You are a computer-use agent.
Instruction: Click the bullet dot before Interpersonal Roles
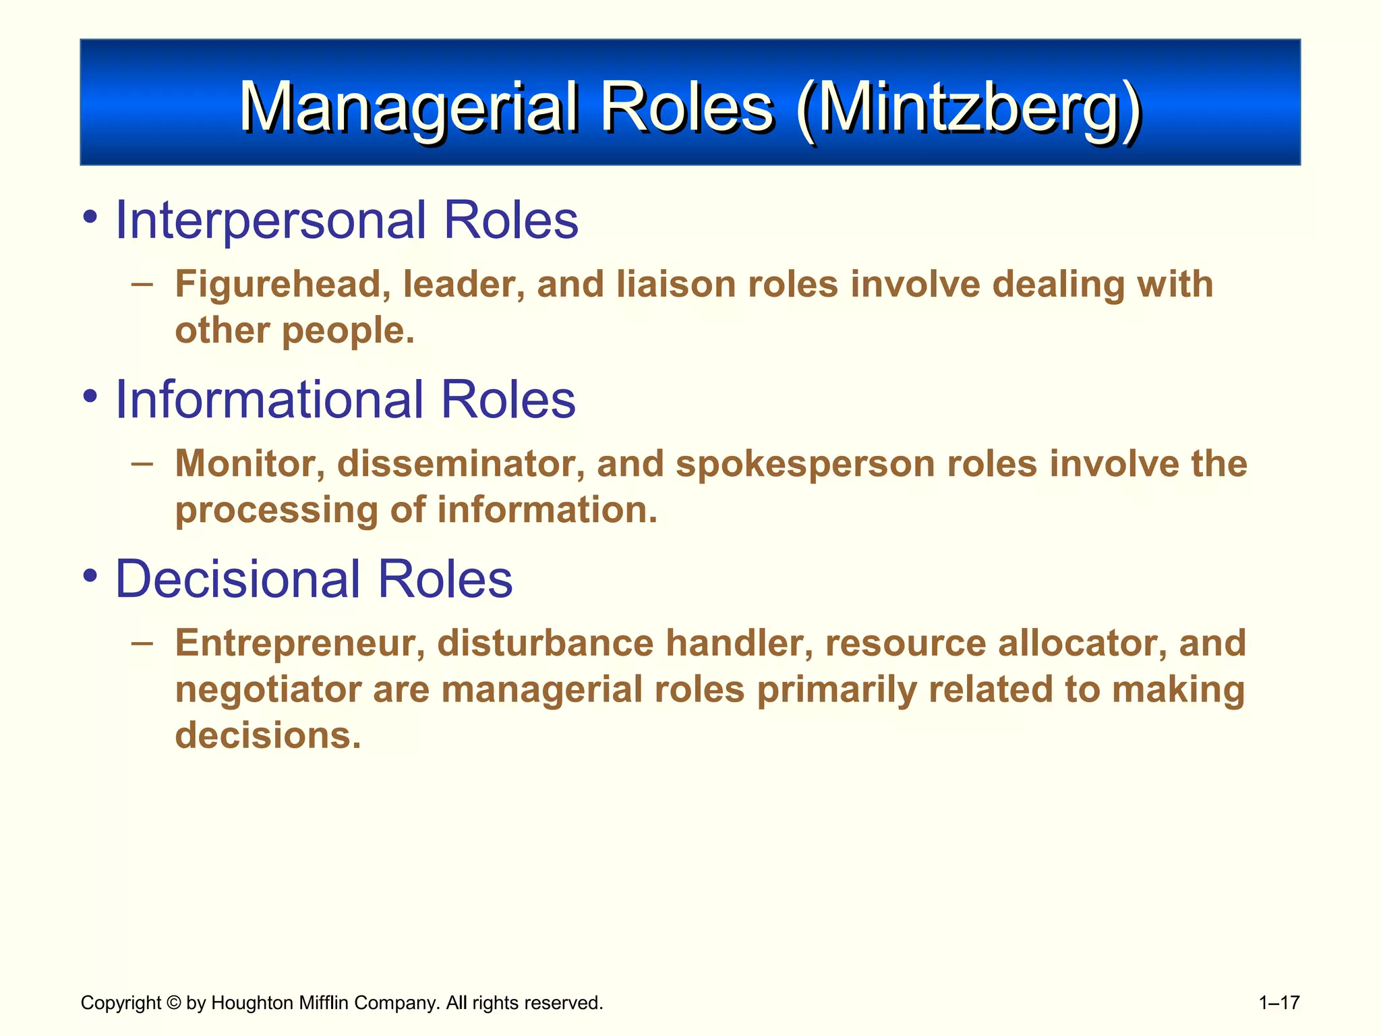[x=90, y=218]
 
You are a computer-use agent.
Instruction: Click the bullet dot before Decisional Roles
[x=90, y=577]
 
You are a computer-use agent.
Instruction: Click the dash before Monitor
[x=142, y=463]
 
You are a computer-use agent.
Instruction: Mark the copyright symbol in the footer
[x=173, y=1003]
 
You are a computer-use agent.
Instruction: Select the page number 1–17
[x=1279, y=1003]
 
